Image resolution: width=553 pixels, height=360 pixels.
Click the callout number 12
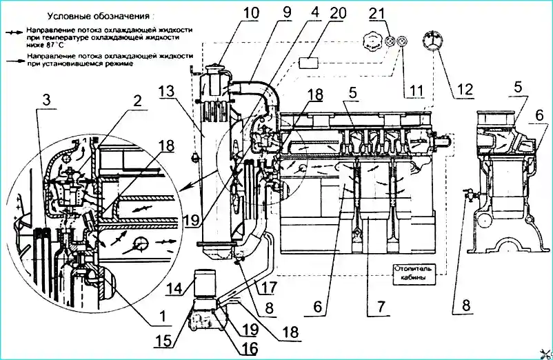(x=465, y=89)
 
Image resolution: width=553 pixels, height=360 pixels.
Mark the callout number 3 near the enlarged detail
(x=46, y=101)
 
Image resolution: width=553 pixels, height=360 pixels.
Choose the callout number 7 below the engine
(x=381, y=306)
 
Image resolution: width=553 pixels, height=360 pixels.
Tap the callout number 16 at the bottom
(x=249, y=348)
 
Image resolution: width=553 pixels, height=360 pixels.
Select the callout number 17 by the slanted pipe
(x=269, y=287)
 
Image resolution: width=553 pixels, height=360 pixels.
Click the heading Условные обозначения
(x=99, y=17)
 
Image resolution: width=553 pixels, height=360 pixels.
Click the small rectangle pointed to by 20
(x=309, y=63)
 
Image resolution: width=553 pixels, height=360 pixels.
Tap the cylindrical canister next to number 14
(x=205, y=286)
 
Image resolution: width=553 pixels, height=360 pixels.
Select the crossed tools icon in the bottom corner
(x=545, y=353)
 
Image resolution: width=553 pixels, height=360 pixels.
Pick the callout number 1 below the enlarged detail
(x=162, y=316)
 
